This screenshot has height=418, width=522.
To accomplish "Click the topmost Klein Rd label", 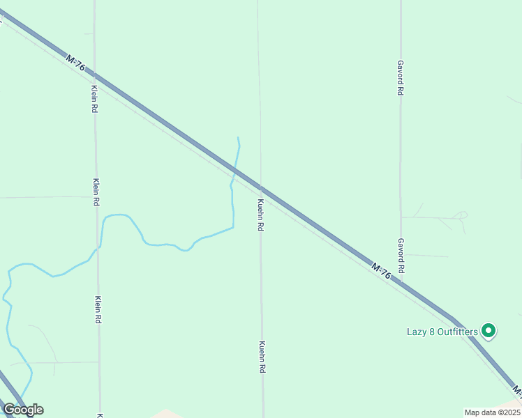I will [x=94, y=99].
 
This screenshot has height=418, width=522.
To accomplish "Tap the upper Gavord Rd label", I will [x=401, y=77].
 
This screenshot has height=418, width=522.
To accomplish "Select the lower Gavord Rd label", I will [x=401, y=256].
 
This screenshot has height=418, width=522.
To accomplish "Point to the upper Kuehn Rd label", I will [x=260, y=215].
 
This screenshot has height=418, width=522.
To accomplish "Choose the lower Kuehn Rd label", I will [x=262, y=357].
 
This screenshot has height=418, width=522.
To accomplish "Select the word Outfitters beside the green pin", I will [x=456, y=332].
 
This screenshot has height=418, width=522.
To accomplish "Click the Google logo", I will [x=23, y=410].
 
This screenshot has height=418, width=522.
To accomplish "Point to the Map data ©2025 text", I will [x=492, y=412].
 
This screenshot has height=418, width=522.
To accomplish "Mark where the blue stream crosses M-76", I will [x=235, y=171].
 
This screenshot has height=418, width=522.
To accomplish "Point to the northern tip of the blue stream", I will [x=239, y=138].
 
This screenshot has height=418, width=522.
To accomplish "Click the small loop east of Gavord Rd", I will [x=461, y=215].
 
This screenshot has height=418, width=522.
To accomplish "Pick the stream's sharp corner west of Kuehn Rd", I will [x=232, y=227].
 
